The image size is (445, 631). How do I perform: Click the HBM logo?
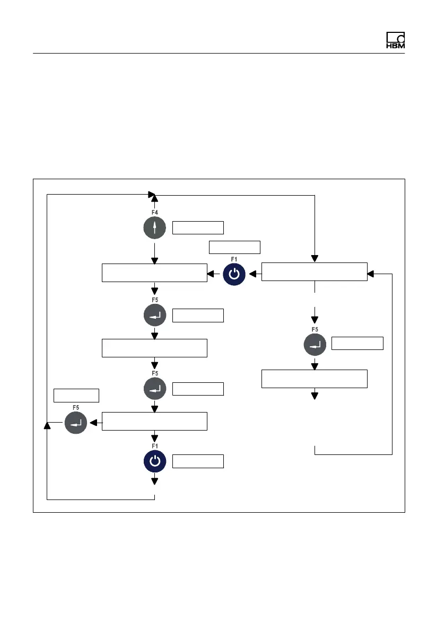(x=395, y=41)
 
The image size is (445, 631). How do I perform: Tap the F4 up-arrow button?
(x=154, y=228)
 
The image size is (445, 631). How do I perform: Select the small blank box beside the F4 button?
(x=198, y=228)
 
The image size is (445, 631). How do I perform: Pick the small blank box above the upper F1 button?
(x=235, y=248)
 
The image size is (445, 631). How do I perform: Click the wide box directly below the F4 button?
(x=154, y=273)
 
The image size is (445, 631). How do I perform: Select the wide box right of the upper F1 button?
(x=314, y=271)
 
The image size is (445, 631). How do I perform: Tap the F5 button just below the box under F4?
(x=154, y=315)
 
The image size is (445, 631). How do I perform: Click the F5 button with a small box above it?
(x=76, y=423)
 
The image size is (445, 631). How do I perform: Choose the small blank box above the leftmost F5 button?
(x=76, y=396)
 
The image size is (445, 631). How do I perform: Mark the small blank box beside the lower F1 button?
(x=198, y=461)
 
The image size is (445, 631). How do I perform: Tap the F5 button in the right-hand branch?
(x=315, y=344)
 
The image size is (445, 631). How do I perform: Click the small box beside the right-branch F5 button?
(x=357, y=343)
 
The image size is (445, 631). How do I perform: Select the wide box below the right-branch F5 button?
(x=314, y=379)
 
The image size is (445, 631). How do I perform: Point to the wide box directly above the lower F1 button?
(x=154, y=422)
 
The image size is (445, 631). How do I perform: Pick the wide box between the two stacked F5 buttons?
(x=154, y=348)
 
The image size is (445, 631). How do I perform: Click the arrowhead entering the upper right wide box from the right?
(x=371, y=274)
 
